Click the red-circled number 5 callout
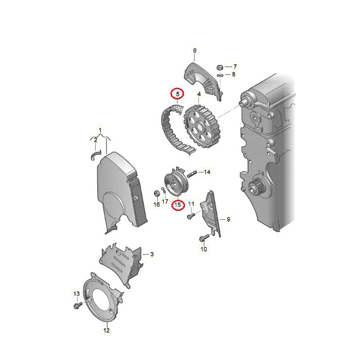(x=177, y=94)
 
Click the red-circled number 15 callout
(x=178, y=204)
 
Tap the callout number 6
(x=195, y=51)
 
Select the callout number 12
(x=106, y=330)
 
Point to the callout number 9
(x=228, y=219)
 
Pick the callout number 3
(x=152, y=254)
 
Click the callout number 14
(x=207, y=172)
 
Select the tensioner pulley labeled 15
(x=176, y=183)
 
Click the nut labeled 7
(x=220, y=67)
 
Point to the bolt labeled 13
(x=78, y=305)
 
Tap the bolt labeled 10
(x=204, y=238)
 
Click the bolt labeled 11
(x=191, y=216)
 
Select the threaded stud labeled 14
(x=192, y=174)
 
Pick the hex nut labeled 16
(x=156, y=194)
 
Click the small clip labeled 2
(x=95, y=156)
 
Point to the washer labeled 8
(x=220, y=76)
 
